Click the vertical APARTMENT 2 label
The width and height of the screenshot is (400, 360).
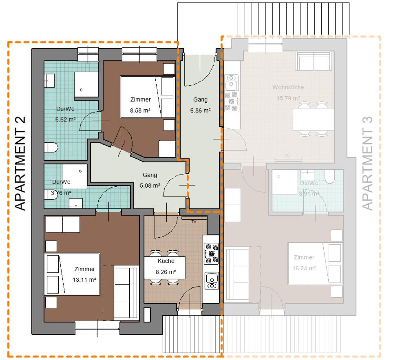coord(20,163)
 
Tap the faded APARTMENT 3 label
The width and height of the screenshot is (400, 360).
coord(367,163)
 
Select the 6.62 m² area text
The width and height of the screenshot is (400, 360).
coord(66,119)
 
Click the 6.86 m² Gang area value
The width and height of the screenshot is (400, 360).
coord(200,110)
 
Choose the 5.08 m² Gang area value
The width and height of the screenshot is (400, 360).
coord(150,185)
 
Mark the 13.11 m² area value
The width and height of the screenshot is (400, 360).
coord(84,280)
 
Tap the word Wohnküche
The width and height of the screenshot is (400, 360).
coord(288,87)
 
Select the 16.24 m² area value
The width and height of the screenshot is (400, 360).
coord(304,268)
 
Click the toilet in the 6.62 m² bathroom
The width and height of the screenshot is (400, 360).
coord(51,146)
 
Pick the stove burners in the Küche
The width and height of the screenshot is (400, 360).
coord(211,253)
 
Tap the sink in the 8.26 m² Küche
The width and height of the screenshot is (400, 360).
coord(211,280)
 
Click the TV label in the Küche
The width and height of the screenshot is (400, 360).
coord(194,221)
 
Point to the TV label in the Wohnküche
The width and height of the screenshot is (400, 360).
coord(287,156)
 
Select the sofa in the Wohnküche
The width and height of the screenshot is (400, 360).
coord(314,61)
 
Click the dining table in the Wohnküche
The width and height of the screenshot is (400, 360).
coord(314,119)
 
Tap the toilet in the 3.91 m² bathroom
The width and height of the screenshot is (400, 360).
coord(329,176)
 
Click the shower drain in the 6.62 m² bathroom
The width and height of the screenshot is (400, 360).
coord(81,90)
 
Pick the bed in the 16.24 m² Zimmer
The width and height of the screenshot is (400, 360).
coord(314,263)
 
